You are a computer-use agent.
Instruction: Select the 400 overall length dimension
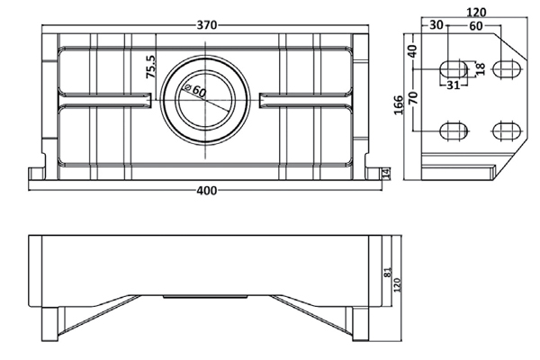coord(206,190)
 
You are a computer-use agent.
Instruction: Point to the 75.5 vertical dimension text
coord(152,68)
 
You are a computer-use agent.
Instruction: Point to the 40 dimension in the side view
coord(413,50)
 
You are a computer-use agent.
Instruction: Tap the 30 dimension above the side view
coord(436,24)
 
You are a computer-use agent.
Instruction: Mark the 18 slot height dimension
coord(480,69)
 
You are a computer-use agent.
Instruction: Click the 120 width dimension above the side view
coord(477,13)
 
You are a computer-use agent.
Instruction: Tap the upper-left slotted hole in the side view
coord(449,69)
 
